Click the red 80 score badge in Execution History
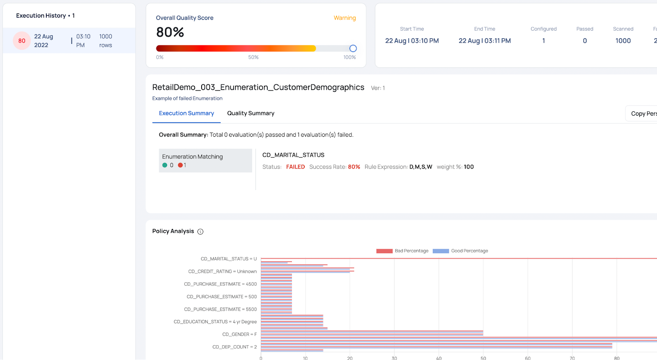tap(22, 41)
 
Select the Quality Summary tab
tap(250, 113)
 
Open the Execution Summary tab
tap(186, 113)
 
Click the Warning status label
tap(345, 18)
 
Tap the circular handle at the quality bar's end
tap(353, 48)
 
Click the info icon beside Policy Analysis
tap(200, 232)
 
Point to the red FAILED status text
tap(295, 167)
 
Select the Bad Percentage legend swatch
tap(384, 251)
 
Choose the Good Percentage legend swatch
tap(441, 251)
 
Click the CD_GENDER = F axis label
tap(239, 335)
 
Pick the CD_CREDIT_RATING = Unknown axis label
tap(223, 272)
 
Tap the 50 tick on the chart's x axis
tap(483, 358)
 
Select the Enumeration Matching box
tap(205, 161)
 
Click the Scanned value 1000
tap(623, 41)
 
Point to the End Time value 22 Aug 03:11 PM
tap(485, 41)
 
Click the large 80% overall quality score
tap(170, 32)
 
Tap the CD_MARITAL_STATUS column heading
tap(293, 155)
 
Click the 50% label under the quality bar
tap(253, 57)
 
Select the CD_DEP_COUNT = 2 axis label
tap(234, 347)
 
